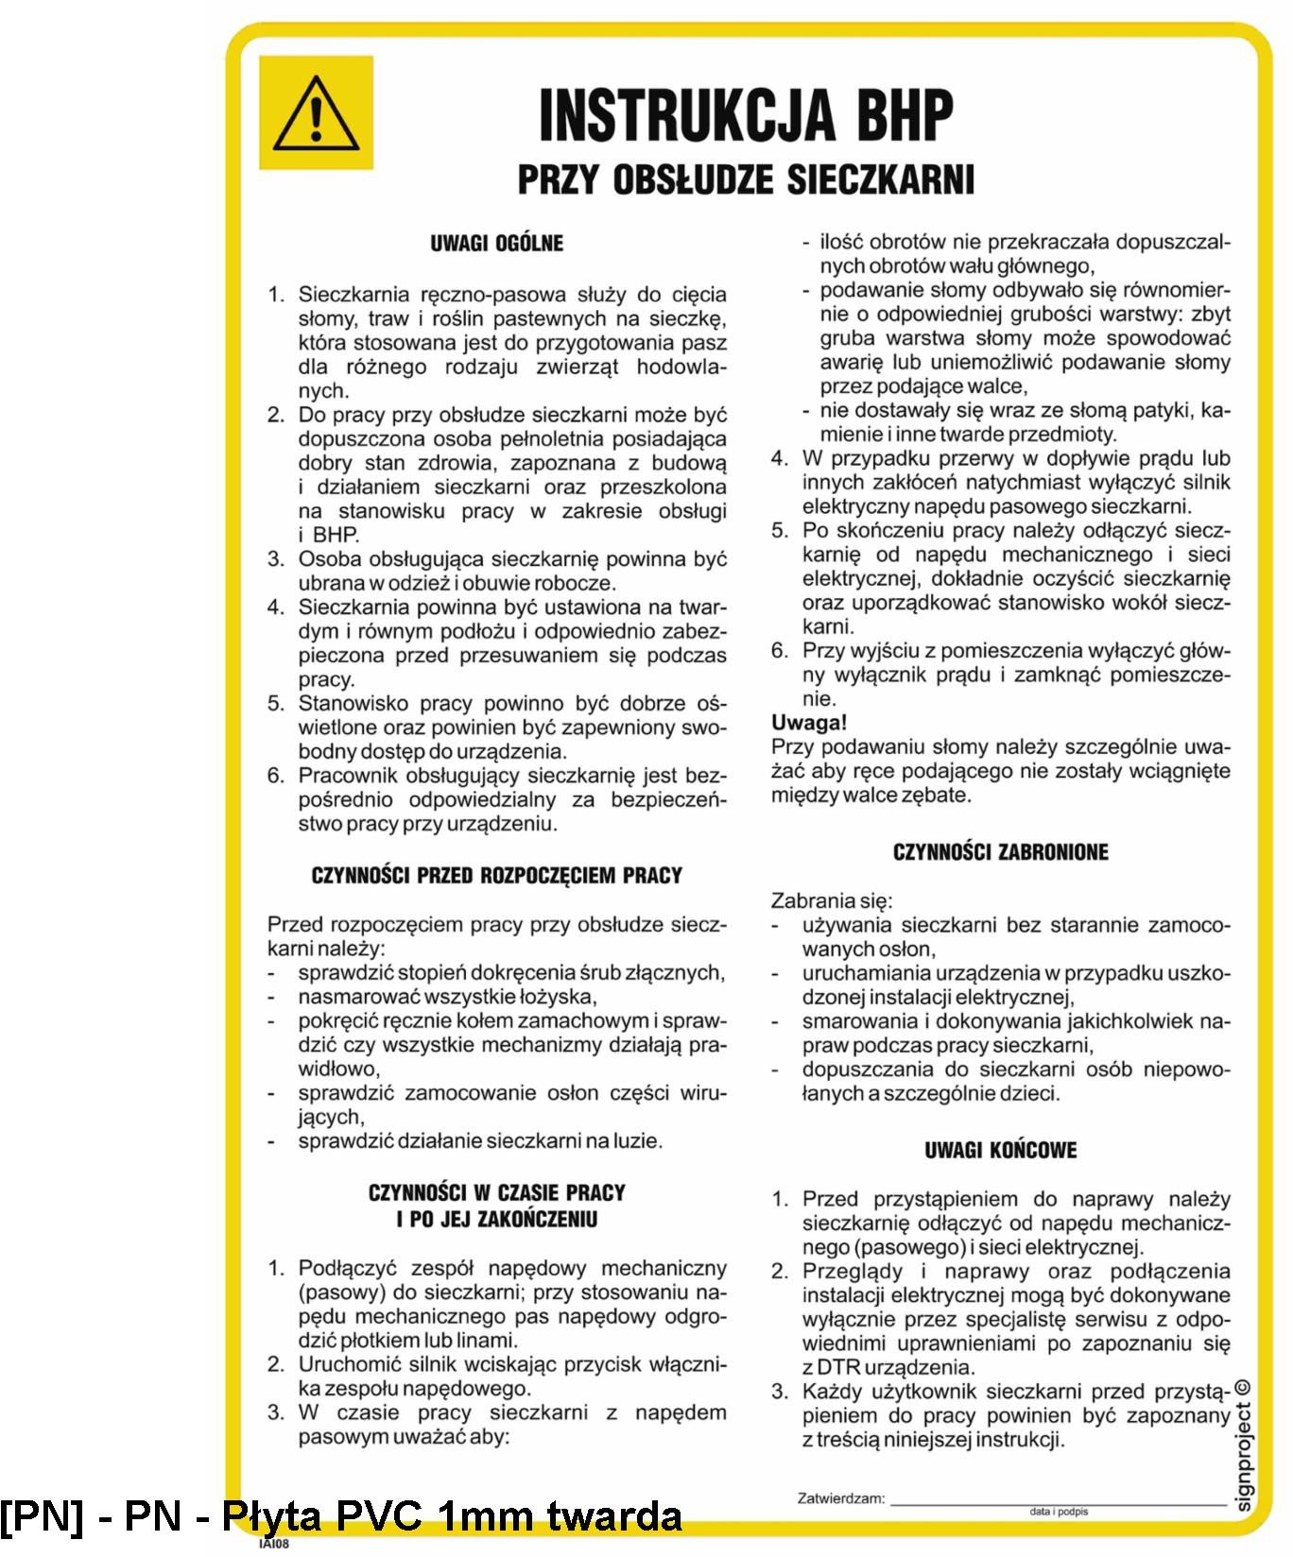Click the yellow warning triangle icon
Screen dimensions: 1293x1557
(316, 112)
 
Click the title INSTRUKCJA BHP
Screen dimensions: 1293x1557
(746, 115)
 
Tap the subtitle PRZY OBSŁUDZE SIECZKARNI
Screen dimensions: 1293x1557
(746, 179)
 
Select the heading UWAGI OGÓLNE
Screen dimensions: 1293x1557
(496, 243)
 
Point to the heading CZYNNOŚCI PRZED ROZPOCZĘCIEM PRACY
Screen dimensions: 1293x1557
(496, 876)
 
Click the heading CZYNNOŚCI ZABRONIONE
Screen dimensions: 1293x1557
(1000, 852)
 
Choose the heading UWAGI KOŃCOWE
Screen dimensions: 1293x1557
(1000, 1150)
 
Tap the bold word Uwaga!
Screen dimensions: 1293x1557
(809, 723)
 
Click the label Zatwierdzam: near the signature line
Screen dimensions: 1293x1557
(841, 1497)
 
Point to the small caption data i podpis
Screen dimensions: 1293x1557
(1059, 1512)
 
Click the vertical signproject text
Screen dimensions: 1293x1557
(1244, 1455)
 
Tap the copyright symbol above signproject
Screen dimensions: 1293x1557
(1243, 1388)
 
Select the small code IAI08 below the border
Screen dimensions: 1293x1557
(273, 1545)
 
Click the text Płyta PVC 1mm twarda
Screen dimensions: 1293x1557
(452, 1515)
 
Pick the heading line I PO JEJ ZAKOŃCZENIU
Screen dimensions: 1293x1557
(496, 1219)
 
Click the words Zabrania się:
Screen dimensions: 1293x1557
(832, 900)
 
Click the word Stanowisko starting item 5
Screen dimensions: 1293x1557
(353, 704)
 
